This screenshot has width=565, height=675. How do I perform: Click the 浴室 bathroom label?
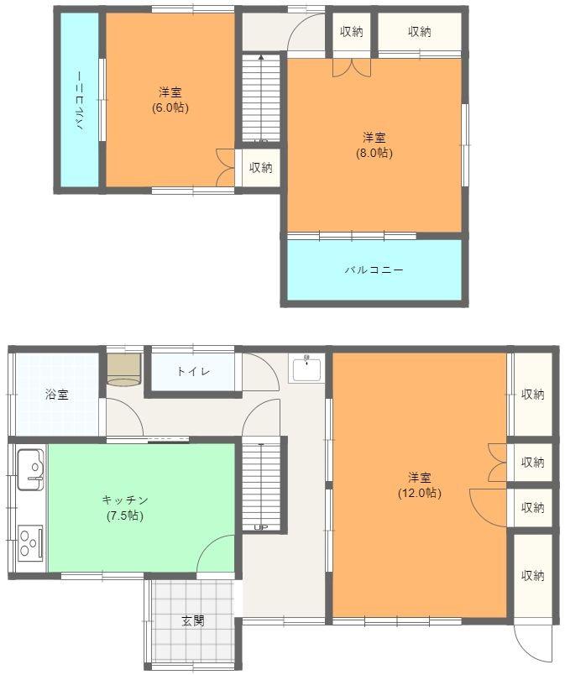57,394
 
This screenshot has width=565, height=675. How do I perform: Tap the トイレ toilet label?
193,371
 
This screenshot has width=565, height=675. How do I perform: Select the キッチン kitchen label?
125,500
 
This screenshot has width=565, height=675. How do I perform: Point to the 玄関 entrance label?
192,621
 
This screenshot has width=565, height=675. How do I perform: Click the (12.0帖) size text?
419,493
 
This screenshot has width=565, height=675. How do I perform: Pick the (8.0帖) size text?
374,153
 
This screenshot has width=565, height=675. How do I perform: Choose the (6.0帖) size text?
170,107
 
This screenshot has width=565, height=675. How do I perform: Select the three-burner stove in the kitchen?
30,541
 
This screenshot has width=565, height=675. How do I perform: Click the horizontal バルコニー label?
374,270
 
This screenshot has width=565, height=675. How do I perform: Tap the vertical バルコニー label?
79,102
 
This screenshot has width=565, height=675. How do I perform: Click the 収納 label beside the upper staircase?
260,167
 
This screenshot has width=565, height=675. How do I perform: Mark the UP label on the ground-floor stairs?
260,526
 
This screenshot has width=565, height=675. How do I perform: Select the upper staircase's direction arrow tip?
261,57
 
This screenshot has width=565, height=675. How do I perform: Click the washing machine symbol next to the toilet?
124,369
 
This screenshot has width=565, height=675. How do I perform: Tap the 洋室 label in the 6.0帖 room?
170,92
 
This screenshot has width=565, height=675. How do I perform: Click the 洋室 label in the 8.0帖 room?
374,138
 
